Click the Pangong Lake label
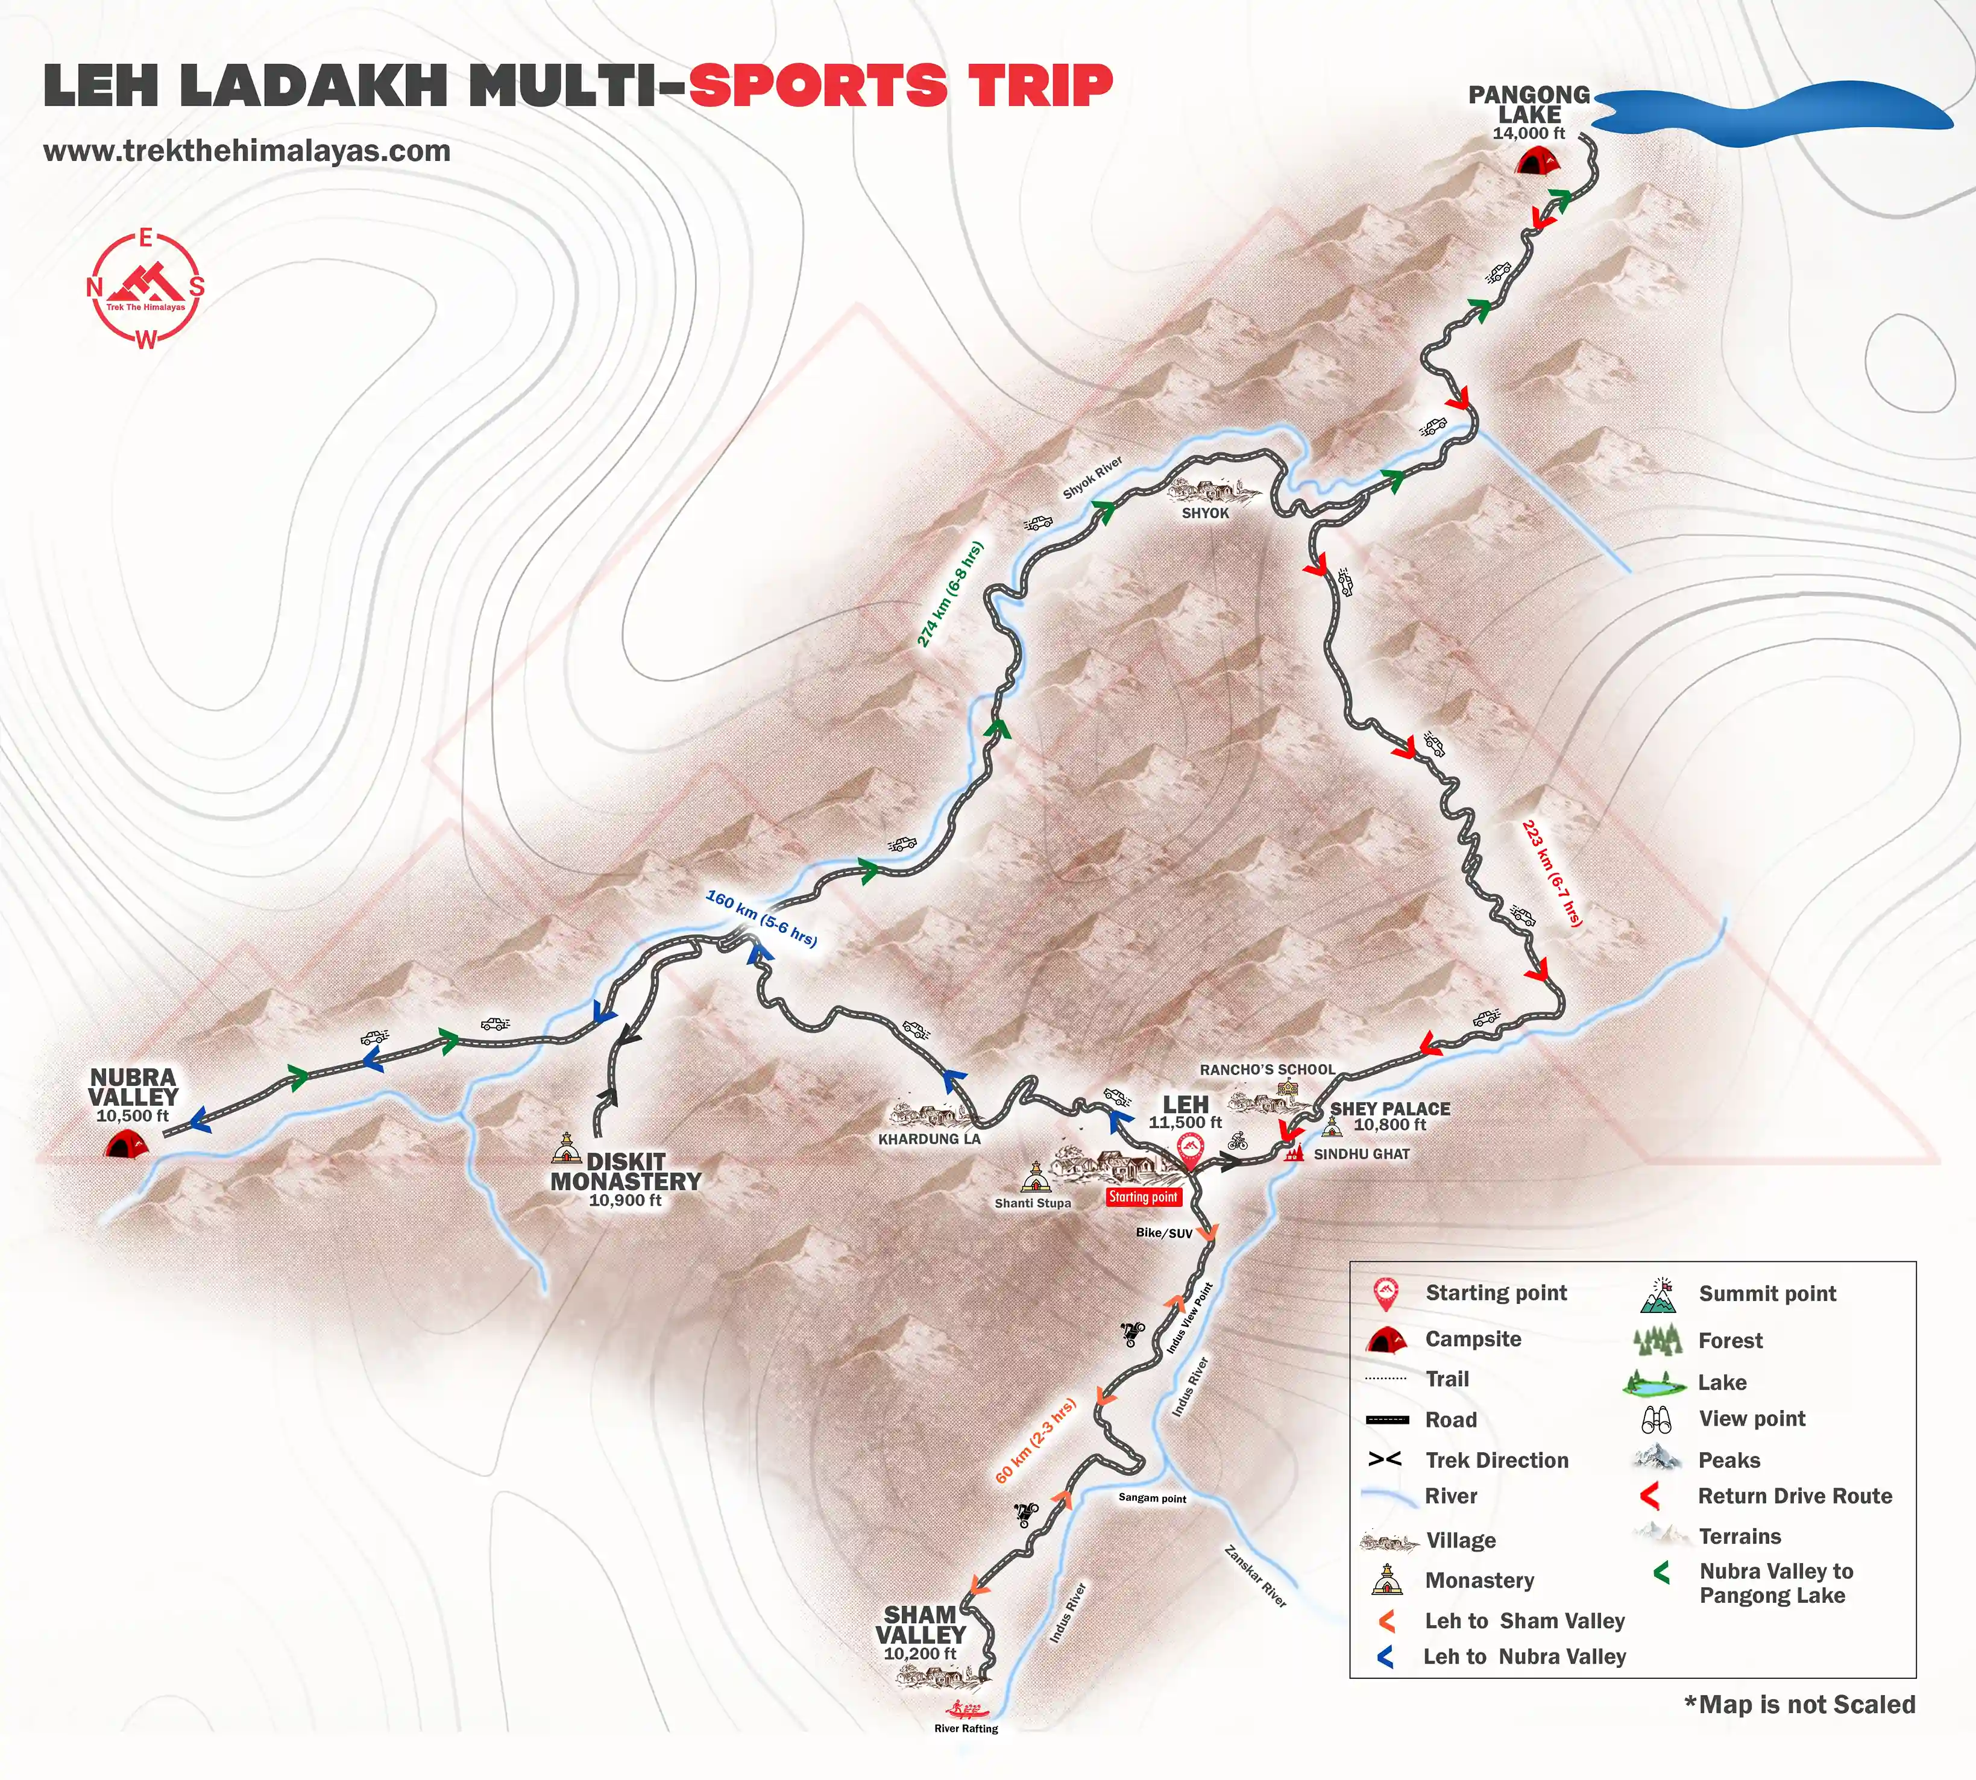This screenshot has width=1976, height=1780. click(x=1529, y=105)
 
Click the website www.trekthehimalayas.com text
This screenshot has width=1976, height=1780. click(x=247, y=152)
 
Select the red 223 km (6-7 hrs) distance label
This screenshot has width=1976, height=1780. click(x=1552, y=873)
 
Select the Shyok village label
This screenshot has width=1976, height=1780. click(x=1205, y=512)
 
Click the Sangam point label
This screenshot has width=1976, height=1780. click(x=1153, y=1499)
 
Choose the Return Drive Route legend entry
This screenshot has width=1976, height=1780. click(x=1794, y=1496)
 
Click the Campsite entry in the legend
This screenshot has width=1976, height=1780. click(x=1472, y=1339)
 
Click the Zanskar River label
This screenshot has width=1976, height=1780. click(x=1255, y=1576)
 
